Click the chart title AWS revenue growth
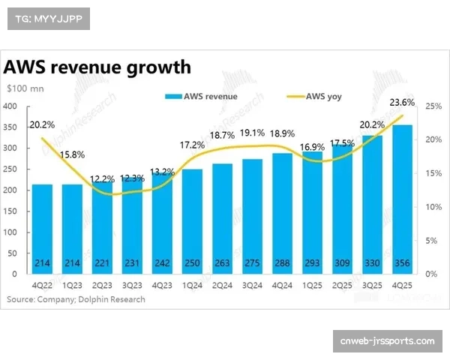97,67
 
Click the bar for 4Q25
403,199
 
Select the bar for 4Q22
42,229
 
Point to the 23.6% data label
403,103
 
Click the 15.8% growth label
72,154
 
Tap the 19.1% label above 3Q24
253,132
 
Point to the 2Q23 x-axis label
102,286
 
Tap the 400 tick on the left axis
10,106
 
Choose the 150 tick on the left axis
10,211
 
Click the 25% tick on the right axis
431,106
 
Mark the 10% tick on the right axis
431,207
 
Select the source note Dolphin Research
76,299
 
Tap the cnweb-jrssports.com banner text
386,342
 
